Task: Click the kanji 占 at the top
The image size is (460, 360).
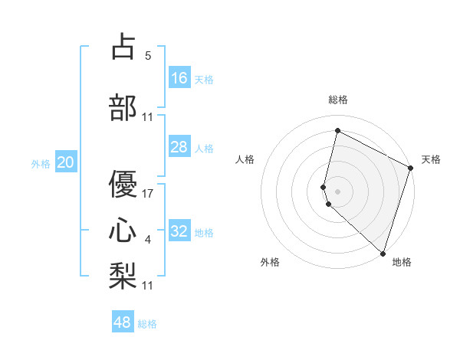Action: coord(123,47)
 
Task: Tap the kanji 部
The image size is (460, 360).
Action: coord(123,107)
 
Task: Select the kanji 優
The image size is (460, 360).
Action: coord(123,184)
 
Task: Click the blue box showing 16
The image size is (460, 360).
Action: coord(179,78)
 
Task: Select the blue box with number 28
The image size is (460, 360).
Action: coord(179,147)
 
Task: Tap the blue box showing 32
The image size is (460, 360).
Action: coord(179,231)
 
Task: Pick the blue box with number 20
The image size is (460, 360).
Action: coord(66,162)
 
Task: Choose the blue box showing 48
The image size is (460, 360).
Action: coord(123,322)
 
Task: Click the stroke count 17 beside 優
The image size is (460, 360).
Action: coord(149,193)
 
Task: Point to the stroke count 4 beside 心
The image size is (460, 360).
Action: coord(148,241)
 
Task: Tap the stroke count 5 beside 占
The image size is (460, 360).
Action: coord(148,56)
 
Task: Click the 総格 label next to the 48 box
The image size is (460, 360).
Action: coord(147,324)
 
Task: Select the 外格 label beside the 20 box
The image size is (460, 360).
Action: coord(41,163)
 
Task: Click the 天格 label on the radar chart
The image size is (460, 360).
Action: coord(431,159)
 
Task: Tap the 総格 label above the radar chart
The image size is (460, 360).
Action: coord(338,100)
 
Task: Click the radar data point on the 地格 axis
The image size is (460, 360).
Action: coord(383,253)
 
